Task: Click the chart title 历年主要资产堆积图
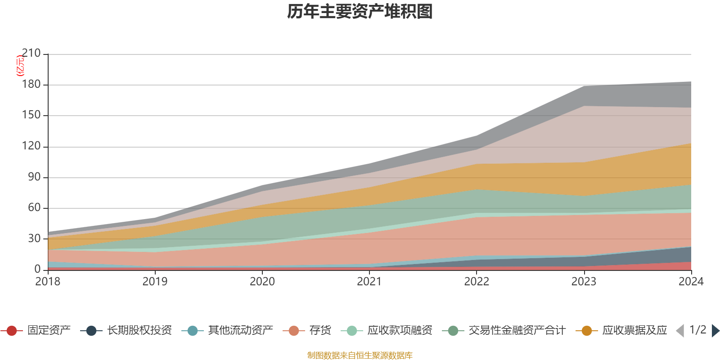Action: (x=360, y=12)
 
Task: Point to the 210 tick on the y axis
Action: (x=31, y=54)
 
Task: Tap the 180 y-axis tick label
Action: (x=31, y=85)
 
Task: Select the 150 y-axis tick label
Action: (x=31, y=115)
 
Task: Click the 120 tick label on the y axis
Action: (x=31, y=146)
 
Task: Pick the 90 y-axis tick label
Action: (x=34, y=177)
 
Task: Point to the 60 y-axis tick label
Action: (x=34, y=207)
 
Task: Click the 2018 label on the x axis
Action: (x=48, y=282)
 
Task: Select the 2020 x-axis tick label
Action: (x=262, y=282)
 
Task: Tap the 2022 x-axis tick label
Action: (x=477, y=282)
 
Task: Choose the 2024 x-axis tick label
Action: (x=691, y=282)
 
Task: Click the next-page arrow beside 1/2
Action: (x=715, y=331)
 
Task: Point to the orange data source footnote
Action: (x=360, y=355)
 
